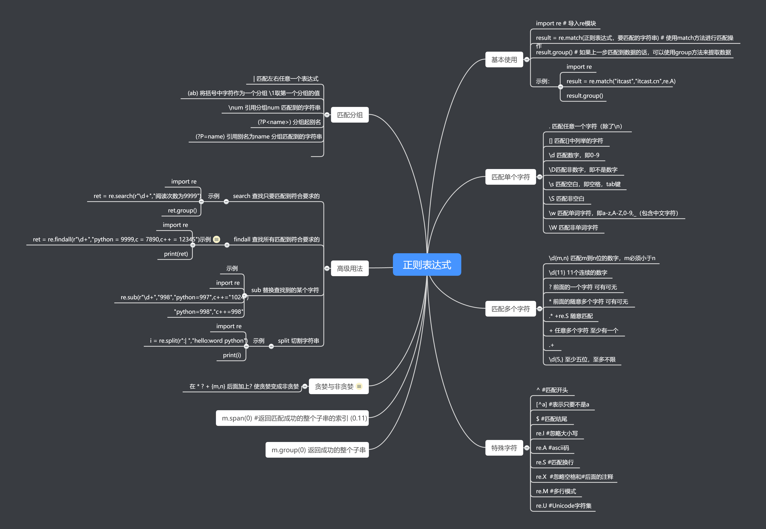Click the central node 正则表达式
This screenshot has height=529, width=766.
427,264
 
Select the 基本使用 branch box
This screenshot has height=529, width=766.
504,60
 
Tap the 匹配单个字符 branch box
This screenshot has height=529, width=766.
510,177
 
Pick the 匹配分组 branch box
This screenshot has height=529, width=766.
350,115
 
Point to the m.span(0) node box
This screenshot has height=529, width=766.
292,418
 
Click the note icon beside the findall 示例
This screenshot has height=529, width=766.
217,239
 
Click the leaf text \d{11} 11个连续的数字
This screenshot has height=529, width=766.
578,273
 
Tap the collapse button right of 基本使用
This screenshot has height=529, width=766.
527,60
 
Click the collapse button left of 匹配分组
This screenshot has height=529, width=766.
327,115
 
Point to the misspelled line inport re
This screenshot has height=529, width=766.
228,283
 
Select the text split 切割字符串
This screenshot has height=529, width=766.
298,341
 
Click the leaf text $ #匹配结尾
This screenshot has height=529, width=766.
551,419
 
